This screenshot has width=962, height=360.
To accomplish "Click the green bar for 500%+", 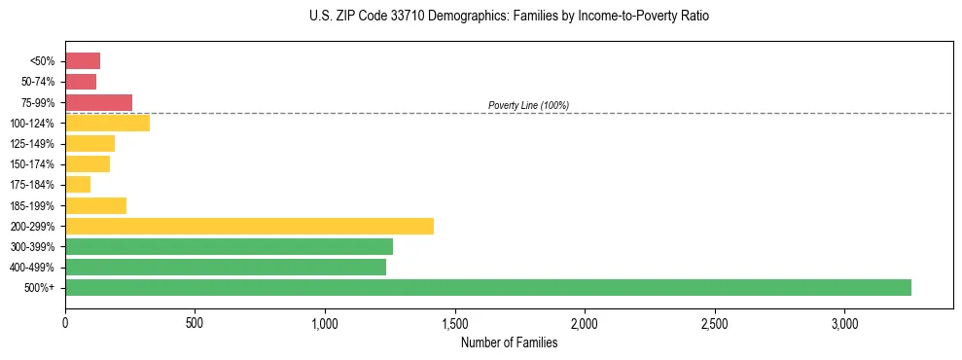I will click(488, 287).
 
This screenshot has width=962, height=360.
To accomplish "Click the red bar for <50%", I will click(83, 61).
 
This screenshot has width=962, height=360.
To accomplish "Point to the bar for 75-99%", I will click(98, 102).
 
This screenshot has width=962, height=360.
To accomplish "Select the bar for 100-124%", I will click(107, 123).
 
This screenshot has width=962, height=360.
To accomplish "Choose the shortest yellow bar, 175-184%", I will click(78, 185).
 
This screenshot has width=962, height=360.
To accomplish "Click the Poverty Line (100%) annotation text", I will click(528, 105).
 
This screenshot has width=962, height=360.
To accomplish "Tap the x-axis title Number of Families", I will click(509, 342).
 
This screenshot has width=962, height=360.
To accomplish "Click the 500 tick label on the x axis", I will click(195, 323).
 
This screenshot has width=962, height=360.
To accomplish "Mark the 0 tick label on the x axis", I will click(65, 323).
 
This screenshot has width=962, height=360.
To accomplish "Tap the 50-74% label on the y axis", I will click(39, 82).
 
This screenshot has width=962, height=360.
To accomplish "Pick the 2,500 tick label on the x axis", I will click(714, 323).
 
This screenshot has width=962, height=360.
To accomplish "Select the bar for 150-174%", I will click(88, 163).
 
